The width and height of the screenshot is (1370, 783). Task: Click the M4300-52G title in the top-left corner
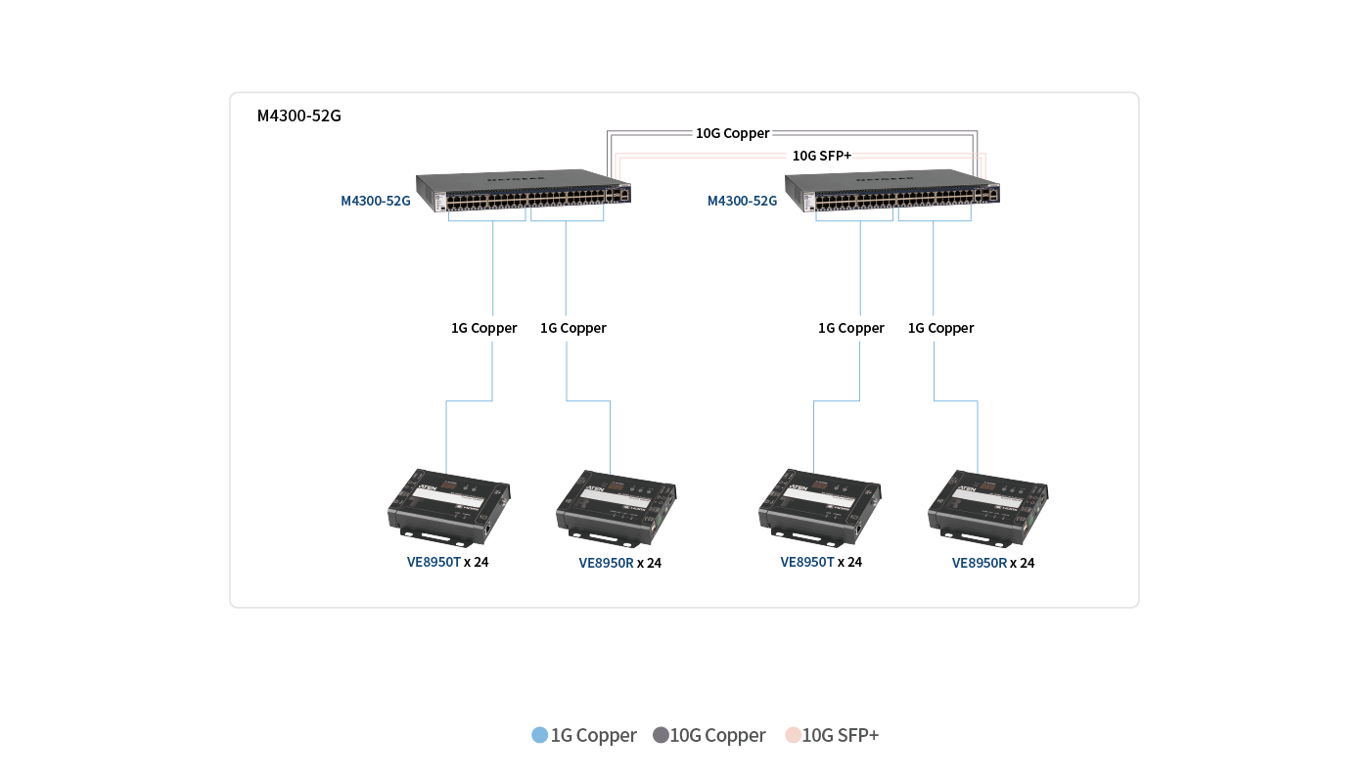pyautogui.click(x=298, y=116)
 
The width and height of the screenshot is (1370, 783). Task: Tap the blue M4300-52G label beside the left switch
pyautogui.click(x=376, y=202)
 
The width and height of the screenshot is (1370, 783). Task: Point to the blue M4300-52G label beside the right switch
pyautogui.click(x=743, y=202)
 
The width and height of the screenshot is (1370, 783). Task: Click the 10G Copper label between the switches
pyautogui.click(x=733, y=133)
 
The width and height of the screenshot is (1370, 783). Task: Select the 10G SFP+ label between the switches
pyautogui.click(x=821, y=156)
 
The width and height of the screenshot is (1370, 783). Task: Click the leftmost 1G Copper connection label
pyautogui.click(x=483, y=329)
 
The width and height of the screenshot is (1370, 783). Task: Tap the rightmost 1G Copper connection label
pyautogui.click(x=940, y=329)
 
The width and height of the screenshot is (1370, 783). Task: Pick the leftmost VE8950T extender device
pyautogui.click(x=449, y=505)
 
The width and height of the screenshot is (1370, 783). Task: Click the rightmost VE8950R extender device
pyautogui.click(x=987, y=507)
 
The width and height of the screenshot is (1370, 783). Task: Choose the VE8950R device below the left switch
pyautogui.click(x=617, y=507)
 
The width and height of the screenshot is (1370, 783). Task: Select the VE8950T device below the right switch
pyautogui.click(x=819, y=505)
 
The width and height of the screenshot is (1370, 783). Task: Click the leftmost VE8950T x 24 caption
pyautogui.click(x=448, y=562)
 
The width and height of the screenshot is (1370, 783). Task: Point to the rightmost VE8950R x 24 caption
pyautogui.click(x=993, y=563)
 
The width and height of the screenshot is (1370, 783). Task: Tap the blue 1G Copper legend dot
pyautogui.click(x=539, y=735)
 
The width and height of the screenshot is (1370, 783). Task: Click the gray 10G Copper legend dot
pyautogui.click(x=661, y=735)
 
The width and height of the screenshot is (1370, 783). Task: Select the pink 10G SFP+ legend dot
pyautogui.click(x=793, y=735)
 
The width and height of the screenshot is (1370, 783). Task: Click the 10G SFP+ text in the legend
pyautogui.click(x=841, y=735)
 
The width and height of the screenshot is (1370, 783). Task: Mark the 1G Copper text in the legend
pyautogui.click(x=594, y=735)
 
